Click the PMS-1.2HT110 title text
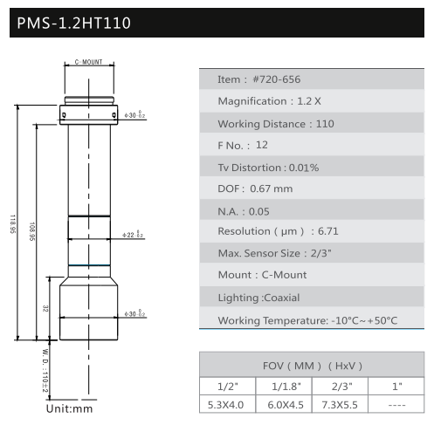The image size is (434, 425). [74, 23]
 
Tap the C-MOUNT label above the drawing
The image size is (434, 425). [88, 62]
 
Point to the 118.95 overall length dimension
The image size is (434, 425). [13, 224]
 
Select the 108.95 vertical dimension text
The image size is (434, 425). [31, 231]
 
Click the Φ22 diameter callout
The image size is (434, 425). [133, 234]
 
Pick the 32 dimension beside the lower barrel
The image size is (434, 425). [45, 309]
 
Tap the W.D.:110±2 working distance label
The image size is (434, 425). [45, 371]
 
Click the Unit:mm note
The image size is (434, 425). [69, 408]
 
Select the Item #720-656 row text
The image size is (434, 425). [259, 79]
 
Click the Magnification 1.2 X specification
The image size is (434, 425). [270, 101]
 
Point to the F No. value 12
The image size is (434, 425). [262, 145]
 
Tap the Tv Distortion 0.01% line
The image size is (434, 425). [268, 168]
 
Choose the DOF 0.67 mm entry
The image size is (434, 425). [255, 189]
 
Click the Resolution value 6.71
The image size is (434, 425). [328, 231]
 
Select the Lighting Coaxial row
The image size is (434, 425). [258, 298]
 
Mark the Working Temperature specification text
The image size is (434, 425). [307, 320]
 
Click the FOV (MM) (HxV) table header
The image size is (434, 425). [313, 366]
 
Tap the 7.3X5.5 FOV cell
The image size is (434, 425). [340, 405]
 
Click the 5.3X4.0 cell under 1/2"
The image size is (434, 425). [225, 405]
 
